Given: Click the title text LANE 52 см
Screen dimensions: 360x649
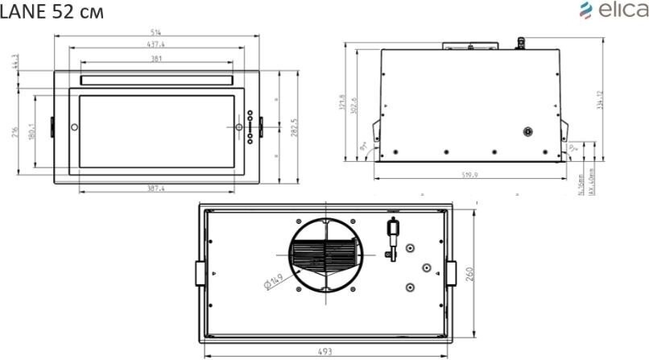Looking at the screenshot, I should coord(52,13).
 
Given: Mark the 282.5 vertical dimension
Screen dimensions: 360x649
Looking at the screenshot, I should coord(293,128).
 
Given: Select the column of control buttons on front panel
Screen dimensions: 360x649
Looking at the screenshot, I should coord(250,127).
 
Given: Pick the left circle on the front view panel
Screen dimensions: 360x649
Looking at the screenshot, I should coord(74,127).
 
